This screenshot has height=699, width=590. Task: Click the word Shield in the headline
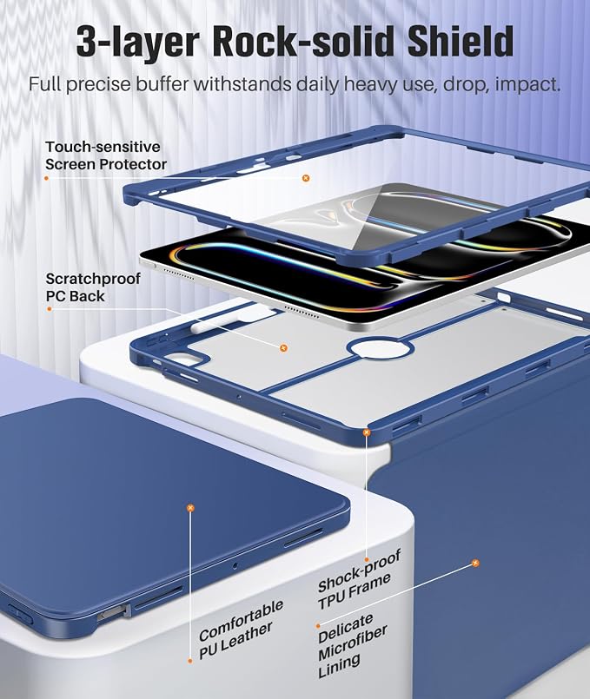coord(460,41)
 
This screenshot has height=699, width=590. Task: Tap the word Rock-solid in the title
coord(305,41)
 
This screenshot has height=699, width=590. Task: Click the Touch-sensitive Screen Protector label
coord(106,155)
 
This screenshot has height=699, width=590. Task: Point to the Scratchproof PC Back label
coord(93,287)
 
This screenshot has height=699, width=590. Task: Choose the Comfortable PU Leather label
coord(241,630)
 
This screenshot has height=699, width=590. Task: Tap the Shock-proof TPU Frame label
coord(358,578)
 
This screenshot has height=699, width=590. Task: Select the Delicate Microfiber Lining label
coord(352,645)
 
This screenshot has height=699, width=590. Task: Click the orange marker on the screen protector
coord(306,178)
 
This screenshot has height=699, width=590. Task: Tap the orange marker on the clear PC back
coord(283,347)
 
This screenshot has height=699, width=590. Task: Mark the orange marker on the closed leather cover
coord(190,508)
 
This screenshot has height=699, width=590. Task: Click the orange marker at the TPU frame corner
coord(367,432)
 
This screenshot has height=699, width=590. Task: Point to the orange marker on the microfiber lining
coord(475,563)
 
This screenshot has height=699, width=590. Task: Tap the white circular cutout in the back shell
coord(381,350)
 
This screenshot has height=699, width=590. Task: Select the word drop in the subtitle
coord(464,85)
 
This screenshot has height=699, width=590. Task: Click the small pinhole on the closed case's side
coord(235,565)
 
